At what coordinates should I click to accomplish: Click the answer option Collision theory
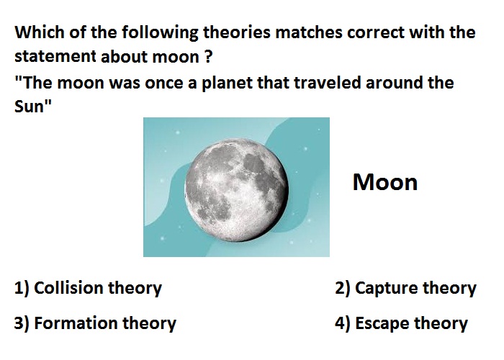88,288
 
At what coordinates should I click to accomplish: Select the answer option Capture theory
405,288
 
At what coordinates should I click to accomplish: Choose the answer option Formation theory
95,323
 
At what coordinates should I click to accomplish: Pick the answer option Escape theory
401,323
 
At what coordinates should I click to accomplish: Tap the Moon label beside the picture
385,183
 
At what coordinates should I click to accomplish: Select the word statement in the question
55,57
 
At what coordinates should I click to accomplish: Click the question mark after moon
208,57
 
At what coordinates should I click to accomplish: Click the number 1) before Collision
22,288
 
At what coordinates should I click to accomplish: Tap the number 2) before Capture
343,288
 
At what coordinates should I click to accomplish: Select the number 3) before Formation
22,323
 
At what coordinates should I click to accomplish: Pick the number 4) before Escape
343,323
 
